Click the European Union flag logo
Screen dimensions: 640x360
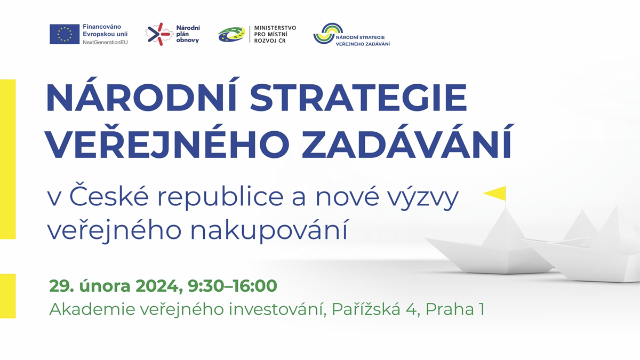click(65, 34)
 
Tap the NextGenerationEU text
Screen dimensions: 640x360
click(105, 42)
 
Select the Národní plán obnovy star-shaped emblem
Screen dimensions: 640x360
click(159, 34)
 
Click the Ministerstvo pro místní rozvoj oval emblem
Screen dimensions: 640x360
click(231, 34)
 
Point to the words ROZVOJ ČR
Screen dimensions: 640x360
click(270, 41)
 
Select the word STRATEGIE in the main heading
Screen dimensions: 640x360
click(358, 97)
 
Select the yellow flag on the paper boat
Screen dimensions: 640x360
click(495, 193)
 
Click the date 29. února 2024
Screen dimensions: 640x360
click(116, 286)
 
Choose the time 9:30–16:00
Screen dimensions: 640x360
click(233, 286)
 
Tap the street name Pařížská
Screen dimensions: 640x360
click(366, 309)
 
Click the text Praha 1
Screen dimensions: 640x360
click(455, 309)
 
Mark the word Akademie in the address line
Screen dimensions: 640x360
click(92, 309)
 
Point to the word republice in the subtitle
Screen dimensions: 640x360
click(220, 197)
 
